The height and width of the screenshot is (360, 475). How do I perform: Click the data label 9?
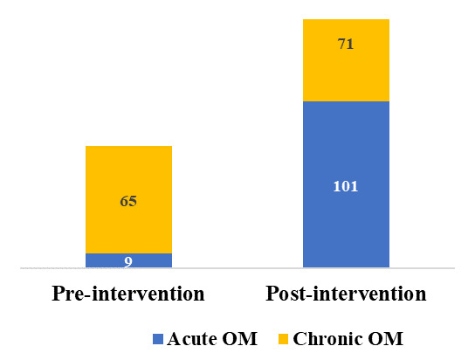[x=128, y=260]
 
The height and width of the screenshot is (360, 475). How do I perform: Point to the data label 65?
[x=128, y=200]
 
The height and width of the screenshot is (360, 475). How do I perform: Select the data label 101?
[x=346, y=185]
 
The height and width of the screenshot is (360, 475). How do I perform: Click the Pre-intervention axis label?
[x=128, y=293]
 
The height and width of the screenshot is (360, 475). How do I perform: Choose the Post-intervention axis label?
[x=346, y=293]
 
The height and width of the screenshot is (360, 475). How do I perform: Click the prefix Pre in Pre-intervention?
[x=68, y=293]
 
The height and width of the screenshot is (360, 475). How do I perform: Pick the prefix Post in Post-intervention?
[x=287, y=293]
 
